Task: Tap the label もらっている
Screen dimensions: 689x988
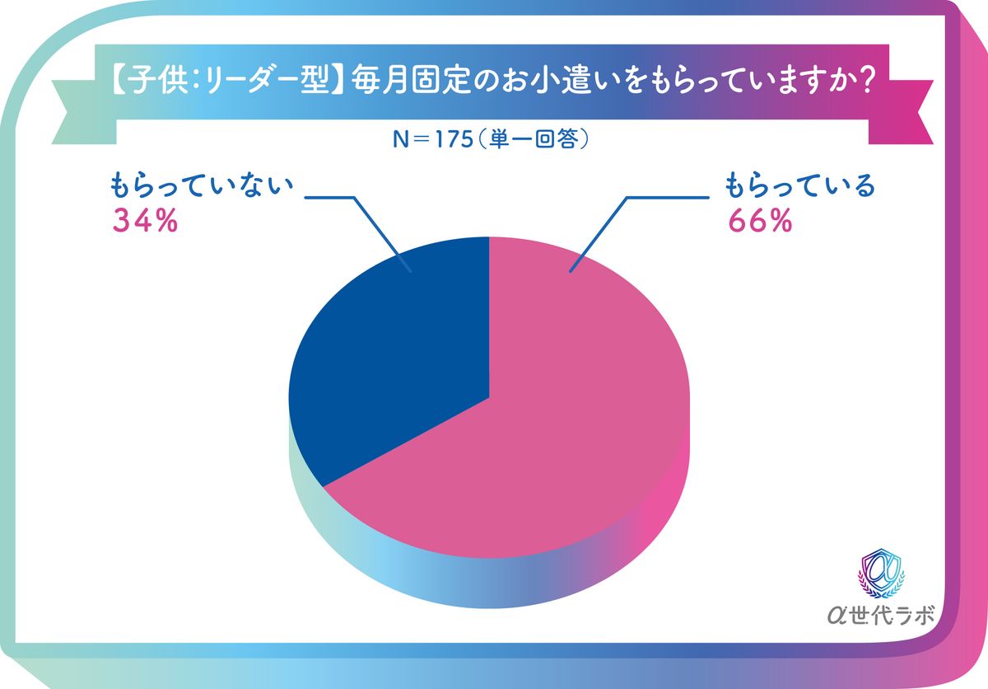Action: pos(799,187)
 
